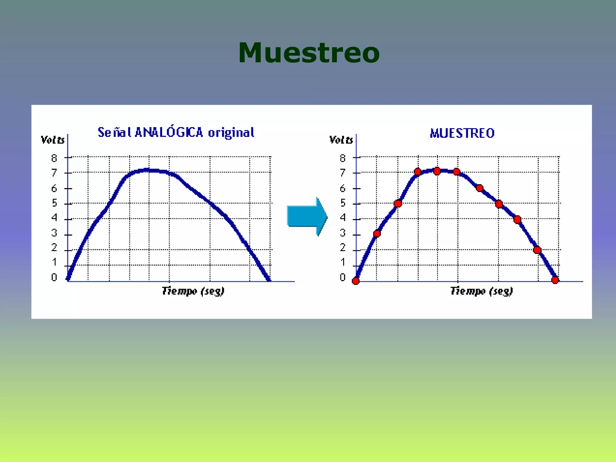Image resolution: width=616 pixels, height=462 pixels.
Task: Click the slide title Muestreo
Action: pos(309,53)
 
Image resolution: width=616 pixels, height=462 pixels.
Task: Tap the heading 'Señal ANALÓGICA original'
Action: pos(176,132)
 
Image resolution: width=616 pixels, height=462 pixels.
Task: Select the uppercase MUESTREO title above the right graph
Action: pos(462,133)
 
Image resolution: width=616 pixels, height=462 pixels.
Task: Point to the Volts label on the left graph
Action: pos(53,140)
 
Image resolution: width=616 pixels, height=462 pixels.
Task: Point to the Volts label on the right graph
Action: pos(341,140)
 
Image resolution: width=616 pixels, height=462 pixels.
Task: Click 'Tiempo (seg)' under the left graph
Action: pos(193,291)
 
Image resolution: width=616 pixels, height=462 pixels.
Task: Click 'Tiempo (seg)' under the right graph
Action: pos(482,291)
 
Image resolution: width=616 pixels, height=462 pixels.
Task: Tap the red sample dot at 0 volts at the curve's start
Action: pos(356,281)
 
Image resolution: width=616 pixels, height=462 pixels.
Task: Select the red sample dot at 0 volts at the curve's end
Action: pos(555,280)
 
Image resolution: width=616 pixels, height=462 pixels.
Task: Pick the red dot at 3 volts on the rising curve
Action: pos(377,233)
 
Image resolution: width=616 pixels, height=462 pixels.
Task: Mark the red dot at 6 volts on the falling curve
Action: pos(480,188)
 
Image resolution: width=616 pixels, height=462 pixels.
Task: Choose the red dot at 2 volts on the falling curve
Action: pos(537,250)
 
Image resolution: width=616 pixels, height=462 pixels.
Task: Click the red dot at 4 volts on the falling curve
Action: pos(517,220)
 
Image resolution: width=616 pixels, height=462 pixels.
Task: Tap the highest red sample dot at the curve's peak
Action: pos(437,171)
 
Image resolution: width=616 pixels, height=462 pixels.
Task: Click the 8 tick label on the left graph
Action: pos(54,158)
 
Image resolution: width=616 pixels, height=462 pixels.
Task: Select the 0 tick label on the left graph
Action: pos(54,277)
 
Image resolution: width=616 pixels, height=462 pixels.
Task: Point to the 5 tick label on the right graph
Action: pos(343,203)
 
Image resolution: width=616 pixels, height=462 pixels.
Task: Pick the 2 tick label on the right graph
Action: pos(343,248)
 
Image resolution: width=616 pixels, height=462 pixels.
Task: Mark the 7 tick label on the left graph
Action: pos(54,173)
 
